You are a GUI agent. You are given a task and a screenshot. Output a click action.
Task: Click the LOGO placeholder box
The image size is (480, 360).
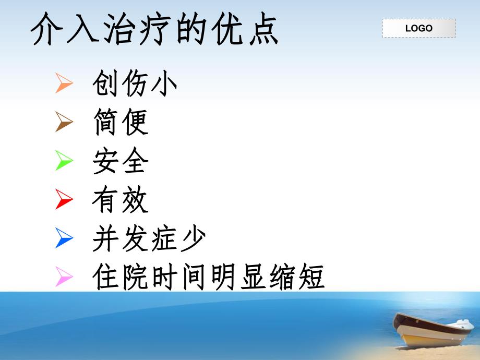click(418, 28)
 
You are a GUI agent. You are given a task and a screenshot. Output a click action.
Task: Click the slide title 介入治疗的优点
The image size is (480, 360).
click(155, 29)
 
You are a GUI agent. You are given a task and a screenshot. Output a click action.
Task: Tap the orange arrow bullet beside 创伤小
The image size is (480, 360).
click(64, 83)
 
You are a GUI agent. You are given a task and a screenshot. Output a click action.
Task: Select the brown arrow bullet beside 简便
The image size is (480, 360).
click(64, 123)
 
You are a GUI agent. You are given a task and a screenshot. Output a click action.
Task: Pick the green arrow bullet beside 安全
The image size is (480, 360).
click(64, 161)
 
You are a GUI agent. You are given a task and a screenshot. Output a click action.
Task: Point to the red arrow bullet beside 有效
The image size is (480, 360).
click(64, 199)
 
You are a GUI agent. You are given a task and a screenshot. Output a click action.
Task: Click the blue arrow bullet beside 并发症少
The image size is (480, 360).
click(64, 238)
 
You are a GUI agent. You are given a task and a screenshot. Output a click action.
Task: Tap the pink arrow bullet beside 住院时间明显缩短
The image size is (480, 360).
click(64, 277)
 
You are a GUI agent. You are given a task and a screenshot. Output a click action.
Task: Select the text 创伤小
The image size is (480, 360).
click(135, 83)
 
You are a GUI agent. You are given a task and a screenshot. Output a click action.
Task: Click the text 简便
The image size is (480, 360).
click(121, 123)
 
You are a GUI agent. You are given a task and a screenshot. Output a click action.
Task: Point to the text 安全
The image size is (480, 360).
click(121, 161)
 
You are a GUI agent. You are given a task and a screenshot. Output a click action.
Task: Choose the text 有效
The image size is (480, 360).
click(121, 200)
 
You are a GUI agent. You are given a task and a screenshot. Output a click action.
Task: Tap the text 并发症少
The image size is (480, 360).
click(149, 238)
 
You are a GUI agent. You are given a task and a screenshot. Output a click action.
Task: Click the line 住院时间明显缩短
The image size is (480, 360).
click(208, 277)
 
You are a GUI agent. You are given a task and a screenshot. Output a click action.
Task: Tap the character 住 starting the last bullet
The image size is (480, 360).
click(106, 277)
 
